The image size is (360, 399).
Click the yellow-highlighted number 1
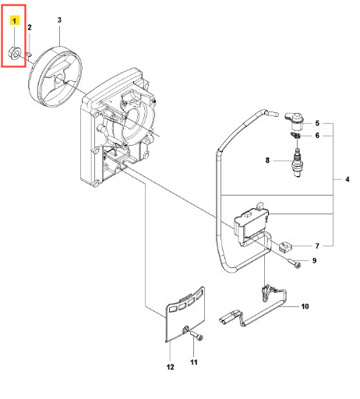click(x=15, y=20)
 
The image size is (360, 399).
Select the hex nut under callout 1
click(x=14, y=52)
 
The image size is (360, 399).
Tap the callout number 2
click(x=30, y=27)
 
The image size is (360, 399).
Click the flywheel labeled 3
click(x=55, y=77)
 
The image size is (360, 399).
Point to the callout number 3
click(x=59, y=20)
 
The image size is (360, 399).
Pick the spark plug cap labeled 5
click(x=295, y=121)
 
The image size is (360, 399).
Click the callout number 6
click(x=317, y=136)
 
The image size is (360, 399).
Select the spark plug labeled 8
click(x=298, y=163)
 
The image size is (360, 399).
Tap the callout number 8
click(x=267, y=161)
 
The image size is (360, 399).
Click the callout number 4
click(x=348, y=179)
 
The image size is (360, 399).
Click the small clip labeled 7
click(x=285, y=246)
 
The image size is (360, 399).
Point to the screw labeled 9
click(x=295, y=263)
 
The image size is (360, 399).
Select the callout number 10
click(x=305, y=306)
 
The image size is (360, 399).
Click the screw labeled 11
click(x=196, y=336)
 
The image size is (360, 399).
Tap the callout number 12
click(x=171, y=367)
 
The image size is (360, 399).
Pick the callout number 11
click(x=194, y=362)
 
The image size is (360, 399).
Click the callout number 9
click(x=314, y=260)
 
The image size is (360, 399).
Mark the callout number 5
click(x=317, y=123)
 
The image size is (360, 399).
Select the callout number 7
click(x=317, y=246)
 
